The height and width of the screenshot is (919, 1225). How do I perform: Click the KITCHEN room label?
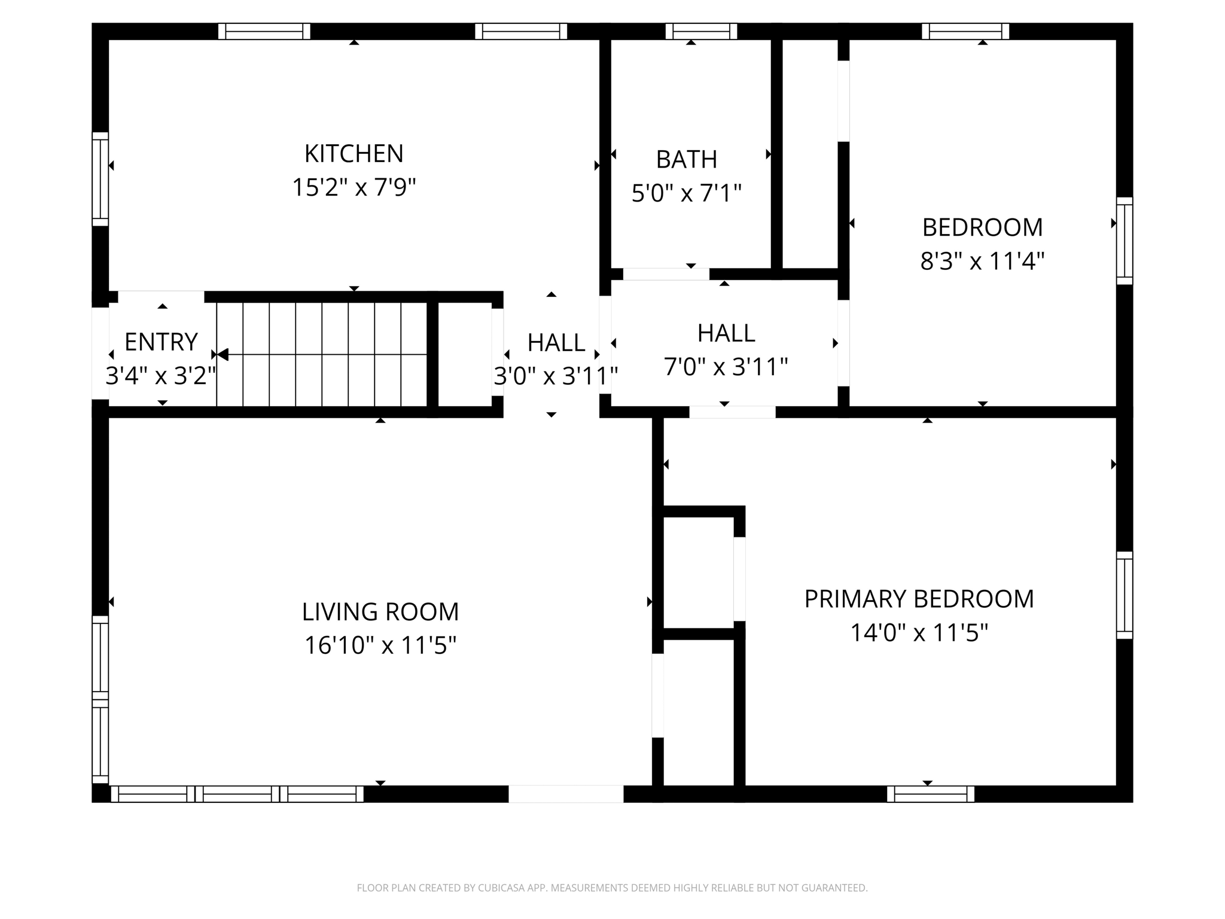pyautogui.click(x=354, y=154)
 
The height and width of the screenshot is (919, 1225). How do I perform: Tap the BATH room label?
pyautogui.click(x=687, y=160)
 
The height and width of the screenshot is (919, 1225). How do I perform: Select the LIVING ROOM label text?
pyautogui.click(x=380, y=612)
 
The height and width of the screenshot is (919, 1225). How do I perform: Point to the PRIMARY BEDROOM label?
pyautogui.click(x=919, y=599)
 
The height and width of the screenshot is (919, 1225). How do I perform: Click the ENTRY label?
pyautogui.click(x=161, y=342)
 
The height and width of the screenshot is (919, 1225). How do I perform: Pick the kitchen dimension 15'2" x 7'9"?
pyautogui.click(x=354, y=187)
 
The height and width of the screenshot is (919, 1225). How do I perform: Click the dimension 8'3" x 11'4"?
pyautogui.click(x=982, y=261)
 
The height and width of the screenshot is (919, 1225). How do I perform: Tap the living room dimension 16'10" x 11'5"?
pyautogui.click(x=380, y=646)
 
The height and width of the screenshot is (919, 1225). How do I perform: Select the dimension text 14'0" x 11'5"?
pyautogui.click(x=919, y=632)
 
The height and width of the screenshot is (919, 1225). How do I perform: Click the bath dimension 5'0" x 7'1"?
pyautogui.click(x=687, y=193)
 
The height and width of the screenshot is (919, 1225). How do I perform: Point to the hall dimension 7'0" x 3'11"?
pyautogui.click(x=726, y=367)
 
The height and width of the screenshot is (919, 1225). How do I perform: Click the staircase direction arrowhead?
pyautogui.click(x=223, y=355)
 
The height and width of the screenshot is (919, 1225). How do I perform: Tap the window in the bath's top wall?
pyautogui.click(x=701, y=31)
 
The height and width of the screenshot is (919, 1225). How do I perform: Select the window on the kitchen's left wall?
pyautogui.click(x=100, y=179)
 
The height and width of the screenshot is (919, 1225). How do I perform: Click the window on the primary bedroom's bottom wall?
pyautogui.click(x=931, y=794)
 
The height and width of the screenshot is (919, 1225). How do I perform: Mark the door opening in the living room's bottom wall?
pyautogui.click(x=566, y=794)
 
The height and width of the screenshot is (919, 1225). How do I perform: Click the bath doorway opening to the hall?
pyautogui.click(x=666, y=274)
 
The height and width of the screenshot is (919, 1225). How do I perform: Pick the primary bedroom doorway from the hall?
pyautogui.click(x=733, y=412)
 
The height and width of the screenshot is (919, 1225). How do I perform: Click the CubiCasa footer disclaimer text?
pyautogui.click(x=612, y=888)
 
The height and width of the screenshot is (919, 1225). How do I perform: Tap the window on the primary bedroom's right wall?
pyautogui.click(x=1125, y=595)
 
